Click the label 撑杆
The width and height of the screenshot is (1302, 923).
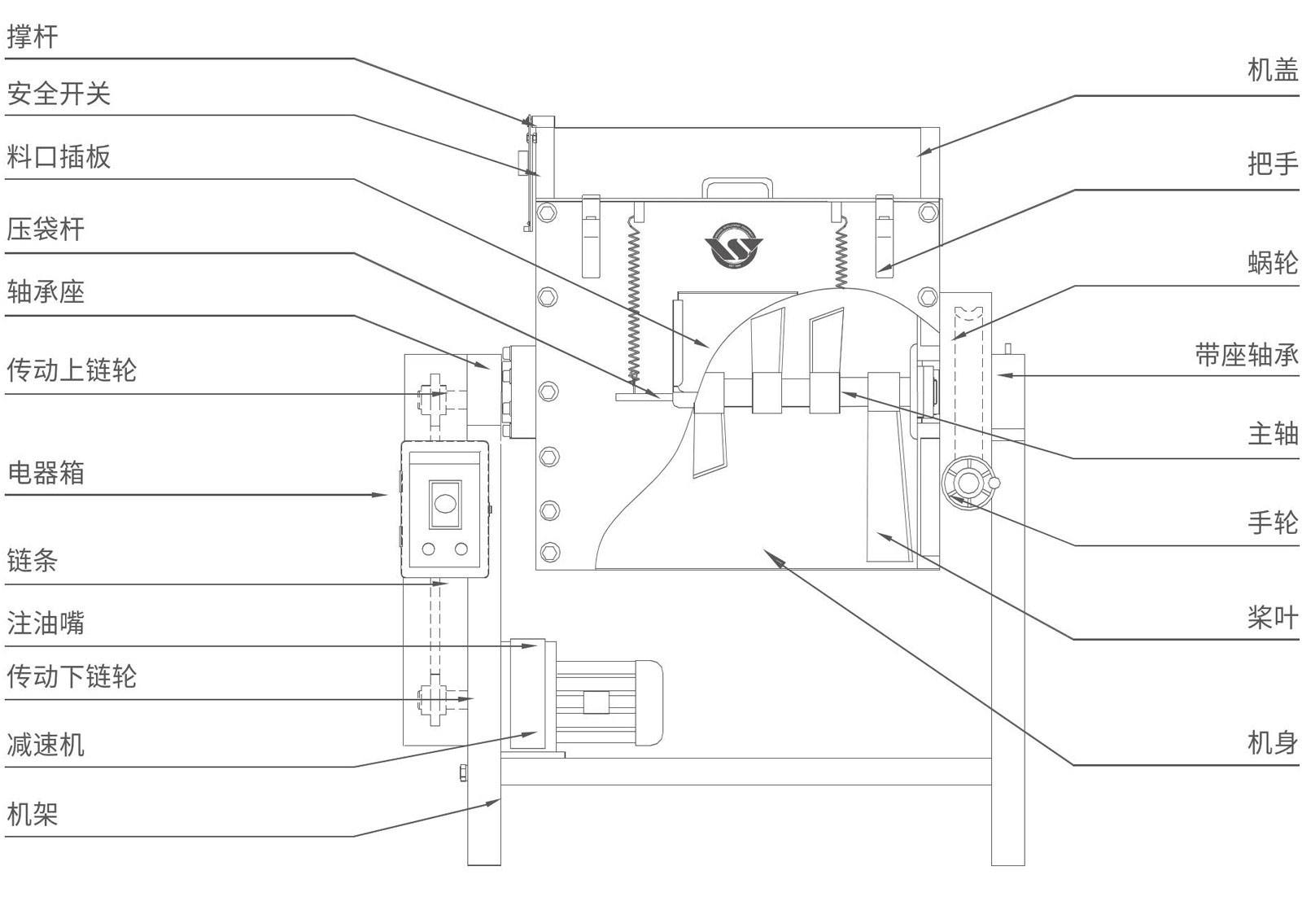point(33,37)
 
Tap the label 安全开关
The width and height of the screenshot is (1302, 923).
point(59,94)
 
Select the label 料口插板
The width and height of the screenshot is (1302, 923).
point(59,156)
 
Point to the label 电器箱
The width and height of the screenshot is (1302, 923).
point(46,473)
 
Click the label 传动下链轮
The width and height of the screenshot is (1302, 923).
point(72,676)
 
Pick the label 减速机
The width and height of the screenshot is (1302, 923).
point(46,744)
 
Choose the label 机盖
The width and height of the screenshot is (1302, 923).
point(1273,70)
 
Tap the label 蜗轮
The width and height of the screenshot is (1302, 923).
point(1273,262)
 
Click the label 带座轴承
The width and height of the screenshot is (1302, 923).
point(1247,355)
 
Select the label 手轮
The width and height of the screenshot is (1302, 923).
point(1273,522)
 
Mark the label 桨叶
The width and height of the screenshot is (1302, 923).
point(1273,618)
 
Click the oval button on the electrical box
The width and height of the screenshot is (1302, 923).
point(444,502)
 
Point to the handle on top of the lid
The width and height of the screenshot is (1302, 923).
point(737,188)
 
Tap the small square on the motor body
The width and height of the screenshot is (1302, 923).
point(596,702)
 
